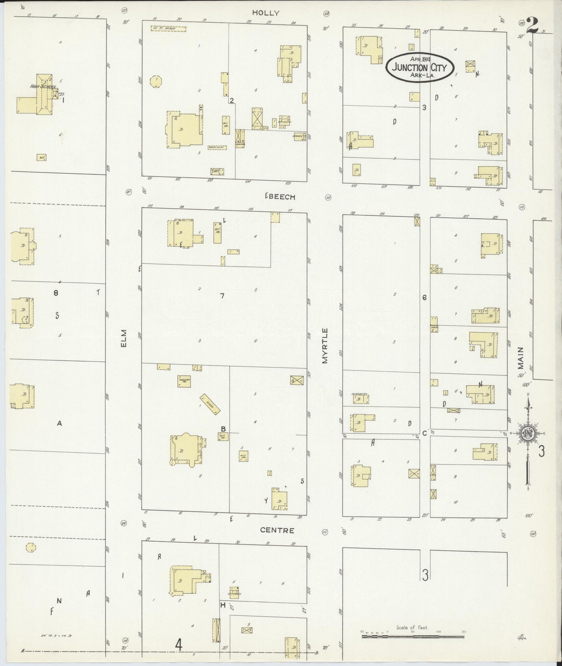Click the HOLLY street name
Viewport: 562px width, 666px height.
click(266, 13)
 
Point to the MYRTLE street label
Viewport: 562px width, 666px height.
click(325, 346)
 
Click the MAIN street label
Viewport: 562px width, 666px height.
click(521, 358)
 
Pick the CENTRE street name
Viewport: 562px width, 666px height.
click(277, 530)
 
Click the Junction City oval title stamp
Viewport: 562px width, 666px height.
click(420, 67)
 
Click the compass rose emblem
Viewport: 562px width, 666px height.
click(528, 434)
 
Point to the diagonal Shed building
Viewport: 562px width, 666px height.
click(210, 404)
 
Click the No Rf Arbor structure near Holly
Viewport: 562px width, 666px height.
click(168, 28)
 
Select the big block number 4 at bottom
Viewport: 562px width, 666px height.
click(179, 644)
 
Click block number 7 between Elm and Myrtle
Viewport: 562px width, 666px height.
click(222, 296)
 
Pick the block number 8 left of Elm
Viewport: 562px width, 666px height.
click(56, 293)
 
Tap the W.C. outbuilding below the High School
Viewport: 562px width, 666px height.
click(42, 157)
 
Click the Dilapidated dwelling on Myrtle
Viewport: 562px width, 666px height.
click(360, 398)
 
